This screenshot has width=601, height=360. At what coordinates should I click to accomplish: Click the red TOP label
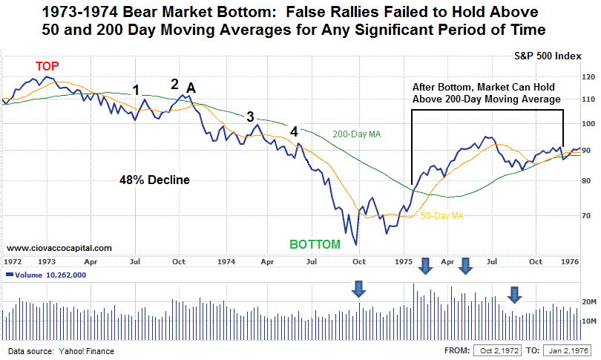tap(48, 66)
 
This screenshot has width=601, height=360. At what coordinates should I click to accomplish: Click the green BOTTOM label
tap(315, 243)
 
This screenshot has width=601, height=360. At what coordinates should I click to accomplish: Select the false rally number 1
tap(136, 90)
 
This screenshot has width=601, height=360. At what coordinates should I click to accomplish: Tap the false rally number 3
tap(250, 117)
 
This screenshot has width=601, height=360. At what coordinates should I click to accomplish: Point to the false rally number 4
tap(295, 131)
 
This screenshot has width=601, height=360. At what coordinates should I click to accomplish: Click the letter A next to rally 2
tap(191, 88)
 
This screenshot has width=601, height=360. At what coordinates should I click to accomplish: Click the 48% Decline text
tap(154, 180)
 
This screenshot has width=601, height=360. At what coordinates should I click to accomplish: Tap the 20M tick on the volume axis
tap(588, 302)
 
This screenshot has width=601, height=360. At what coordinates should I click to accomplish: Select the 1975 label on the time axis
tap(404, 262)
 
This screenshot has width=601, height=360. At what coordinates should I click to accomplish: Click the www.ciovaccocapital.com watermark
tap(59, 248)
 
